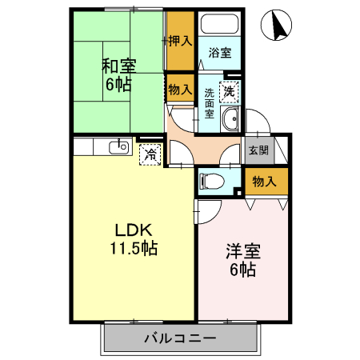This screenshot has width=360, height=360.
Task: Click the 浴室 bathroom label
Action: [220, 53]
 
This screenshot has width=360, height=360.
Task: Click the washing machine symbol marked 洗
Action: [230, 92]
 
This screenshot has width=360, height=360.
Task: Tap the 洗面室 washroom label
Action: [208, 103]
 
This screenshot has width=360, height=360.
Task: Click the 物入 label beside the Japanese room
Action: [180, 90]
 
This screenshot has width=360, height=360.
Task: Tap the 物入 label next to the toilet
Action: [264, 182]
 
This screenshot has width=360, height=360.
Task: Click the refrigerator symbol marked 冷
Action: [150, 154]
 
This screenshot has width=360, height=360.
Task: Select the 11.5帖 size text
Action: [133, 248]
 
